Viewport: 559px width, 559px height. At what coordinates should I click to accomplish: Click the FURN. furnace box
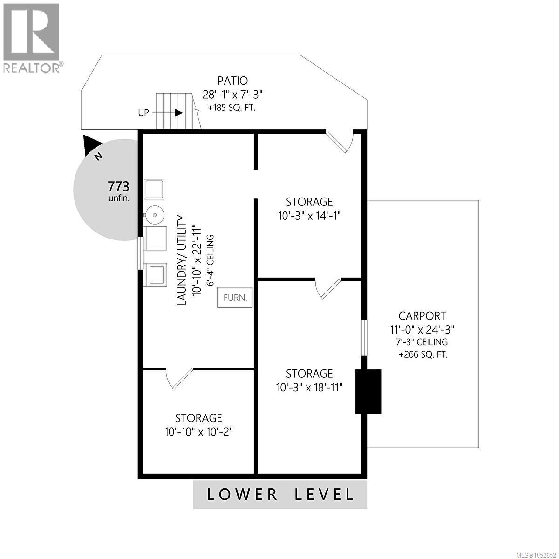[x=235, y=297]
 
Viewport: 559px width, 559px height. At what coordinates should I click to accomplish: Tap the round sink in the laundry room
[x=154, y=215]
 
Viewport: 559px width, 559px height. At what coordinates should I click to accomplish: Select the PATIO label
[x=232, y=81]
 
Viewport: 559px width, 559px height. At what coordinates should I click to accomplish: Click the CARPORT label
[x=422, y=316]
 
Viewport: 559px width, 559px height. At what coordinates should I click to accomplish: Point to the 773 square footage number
[x=118, y=186]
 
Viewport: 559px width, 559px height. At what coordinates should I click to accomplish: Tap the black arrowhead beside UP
[x=178, y=113]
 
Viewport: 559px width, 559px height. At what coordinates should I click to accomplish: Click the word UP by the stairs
[x=143, y=113]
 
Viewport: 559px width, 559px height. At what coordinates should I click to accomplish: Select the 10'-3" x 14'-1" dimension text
[x=309, y=216]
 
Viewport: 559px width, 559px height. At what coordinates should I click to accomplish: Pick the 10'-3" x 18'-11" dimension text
[x=309, y=387]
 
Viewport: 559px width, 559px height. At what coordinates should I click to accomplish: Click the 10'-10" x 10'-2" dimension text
[x=199, y=432]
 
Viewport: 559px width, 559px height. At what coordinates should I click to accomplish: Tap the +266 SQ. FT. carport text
[x=423, y=354]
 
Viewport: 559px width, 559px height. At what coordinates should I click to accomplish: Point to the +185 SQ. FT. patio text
[x=232, y=108]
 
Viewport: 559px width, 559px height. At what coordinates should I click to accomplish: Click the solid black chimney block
[x=368, y=391]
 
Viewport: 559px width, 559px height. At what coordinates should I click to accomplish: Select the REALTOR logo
[x=32, y=37]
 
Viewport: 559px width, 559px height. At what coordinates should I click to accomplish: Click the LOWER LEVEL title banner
[x=280, y=494]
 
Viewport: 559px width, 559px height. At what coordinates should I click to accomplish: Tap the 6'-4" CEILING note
[x=210, y=260]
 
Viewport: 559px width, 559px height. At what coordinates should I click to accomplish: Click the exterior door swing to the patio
[x=340, y=142]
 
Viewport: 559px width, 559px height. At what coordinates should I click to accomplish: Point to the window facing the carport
[x=364, y=338]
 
